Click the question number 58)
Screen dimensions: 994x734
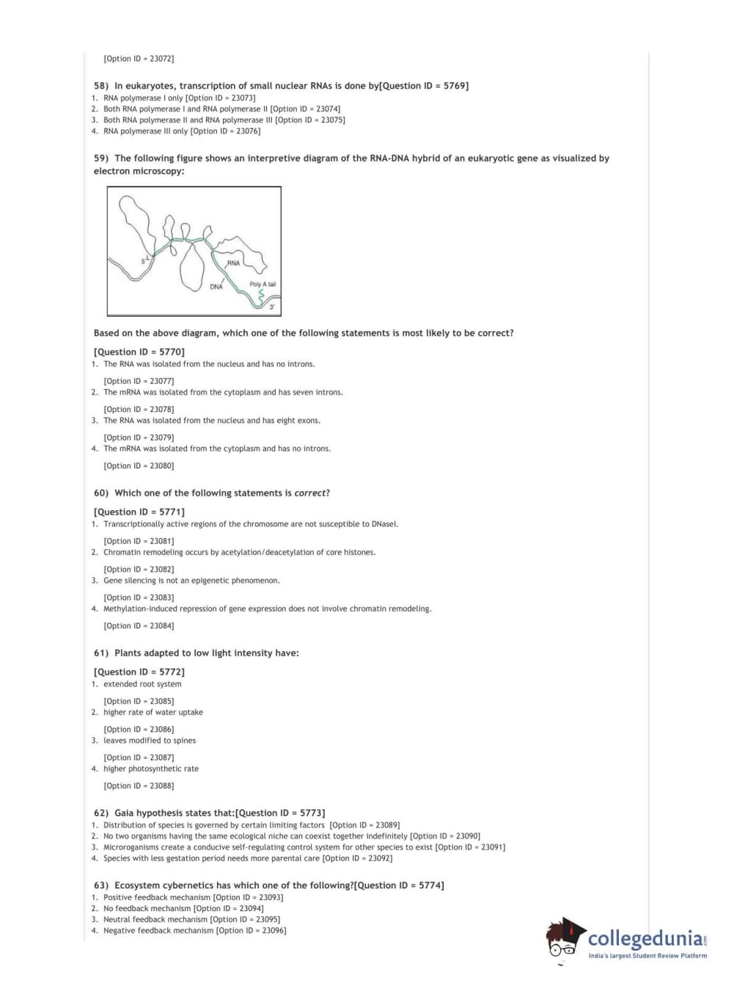[101, 86]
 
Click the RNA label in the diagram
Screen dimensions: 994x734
[233, 262]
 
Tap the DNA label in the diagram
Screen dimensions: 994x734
[216, 287]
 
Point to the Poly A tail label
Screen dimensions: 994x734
[263, 284]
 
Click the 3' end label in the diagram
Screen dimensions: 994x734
[272, 306]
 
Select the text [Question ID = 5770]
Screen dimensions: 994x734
[139, 352]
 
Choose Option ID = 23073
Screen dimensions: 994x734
[221, 97]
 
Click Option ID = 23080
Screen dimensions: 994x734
[139, 465]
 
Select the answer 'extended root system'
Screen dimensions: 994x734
[142, 684]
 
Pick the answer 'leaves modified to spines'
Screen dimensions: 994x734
[150, 740]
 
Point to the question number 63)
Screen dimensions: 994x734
[101, 886]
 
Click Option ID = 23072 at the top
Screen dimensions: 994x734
[139, 59]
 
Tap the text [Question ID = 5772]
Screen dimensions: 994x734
[139, 671]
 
